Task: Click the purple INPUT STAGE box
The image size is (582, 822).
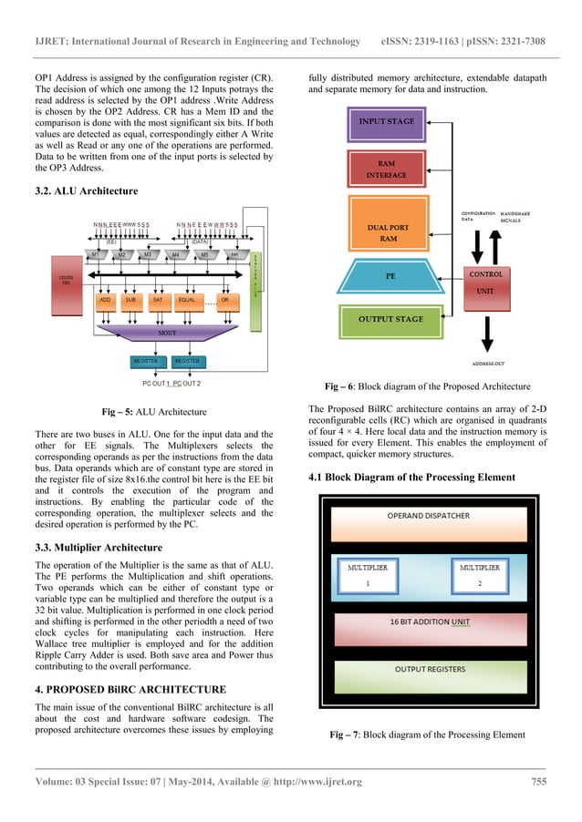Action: [x=386, y=123]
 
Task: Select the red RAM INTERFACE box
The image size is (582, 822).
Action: [x=386, y=169]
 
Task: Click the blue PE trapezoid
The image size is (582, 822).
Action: [x=386, y=275]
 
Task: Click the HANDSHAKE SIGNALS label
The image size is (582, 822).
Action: [x=518, y=218]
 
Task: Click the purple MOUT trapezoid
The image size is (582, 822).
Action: [x=167, y=334]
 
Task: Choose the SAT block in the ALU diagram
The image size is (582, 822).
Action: [x=157, y=299]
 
